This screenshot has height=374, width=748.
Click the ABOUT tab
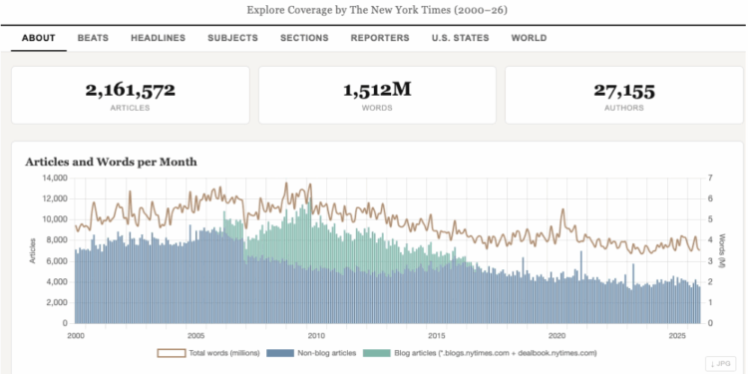(38, 38)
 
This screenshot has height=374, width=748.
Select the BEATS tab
(93, 38)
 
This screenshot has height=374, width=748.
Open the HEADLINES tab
(158, 38)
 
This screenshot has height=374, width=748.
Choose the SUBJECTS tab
(232, 38)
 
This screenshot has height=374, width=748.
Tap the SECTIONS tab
(304, 38)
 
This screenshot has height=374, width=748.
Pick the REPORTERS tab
(379, 38)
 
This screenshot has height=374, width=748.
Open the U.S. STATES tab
(460, 38)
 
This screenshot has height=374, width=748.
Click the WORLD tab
(528, 38)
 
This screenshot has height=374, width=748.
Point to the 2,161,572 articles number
(130, 91)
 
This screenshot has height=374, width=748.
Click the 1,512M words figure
(377, 91)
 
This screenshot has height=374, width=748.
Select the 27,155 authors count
(623, 91)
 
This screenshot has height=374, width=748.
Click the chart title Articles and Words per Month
(111, 162)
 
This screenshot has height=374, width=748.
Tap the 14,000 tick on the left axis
(53, 178)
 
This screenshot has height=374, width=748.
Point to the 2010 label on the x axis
(316, 335)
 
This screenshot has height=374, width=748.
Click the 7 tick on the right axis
(711, 178)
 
